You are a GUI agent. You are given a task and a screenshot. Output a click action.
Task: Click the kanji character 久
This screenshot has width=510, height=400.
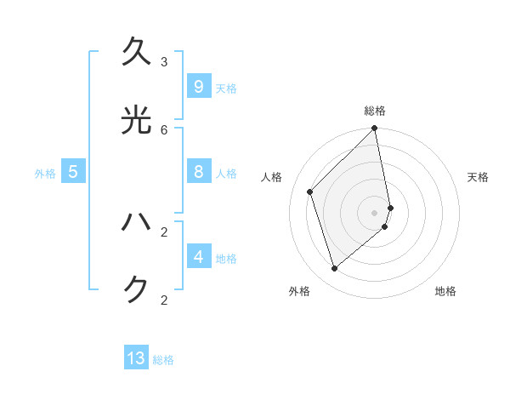(x=136, y=53)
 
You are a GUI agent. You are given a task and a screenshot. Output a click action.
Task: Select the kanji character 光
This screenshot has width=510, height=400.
(x=136, y=121)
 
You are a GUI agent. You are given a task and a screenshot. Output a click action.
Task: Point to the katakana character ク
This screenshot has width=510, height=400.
(x=136, y=290)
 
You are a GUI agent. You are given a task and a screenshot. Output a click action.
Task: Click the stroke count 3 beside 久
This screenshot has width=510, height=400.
(x=164, y=62)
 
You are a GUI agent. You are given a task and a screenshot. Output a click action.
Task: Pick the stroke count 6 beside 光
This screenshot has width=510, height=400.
(x=164, y=129)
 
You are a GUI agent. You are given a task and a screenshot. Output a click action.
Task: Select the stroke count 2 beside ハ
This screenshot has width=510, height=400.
(x=164, y=231)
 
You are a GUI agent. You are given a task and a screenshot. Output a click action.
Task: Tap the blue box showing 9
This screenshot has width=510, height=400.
(x=198, y=86)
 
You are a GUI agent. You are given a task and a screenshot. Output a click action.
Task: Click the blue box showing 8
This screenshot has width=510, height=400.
(x=198, y=171)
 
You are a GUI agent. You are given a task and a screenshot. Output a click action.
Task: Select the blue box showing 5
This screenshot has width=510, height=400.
(x=73, y=171)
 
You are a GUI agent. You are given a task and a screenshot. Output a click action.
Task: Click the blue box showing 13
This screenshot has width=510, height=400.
(x=136, y=357)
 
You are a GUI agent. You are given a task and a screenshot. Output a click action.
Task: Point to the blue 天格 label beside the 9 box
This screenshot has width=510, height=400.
(x=226, y=89)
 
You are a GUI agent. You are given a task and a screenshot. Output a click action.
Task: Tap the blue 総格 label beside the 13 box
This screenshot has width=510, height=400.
(x=163, y=360)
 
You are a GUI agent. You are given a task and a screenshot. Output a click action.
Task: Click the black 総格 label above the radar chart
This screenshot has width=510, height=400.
(x=375, y=111)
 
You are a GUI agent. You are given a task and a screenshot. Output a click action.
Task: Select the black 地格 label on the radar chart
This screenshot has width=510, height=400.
(x=445, y=291)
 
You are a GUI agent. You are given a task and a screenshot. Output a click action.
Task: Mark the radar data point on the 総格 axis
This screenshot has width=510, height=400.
(x=375, y=129)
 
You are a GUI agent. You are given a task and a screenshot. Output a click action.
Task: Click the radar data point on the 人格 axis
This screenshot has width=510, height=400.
(x=310, y=191)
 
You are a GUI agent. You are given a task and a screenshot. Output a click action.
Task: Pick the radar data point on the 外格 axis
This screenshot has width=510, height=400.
(x=335, y=268)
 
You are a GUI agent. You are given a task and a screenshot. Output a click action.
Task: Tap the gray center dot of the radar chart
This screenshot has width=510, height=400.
(x=375, y=212)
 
